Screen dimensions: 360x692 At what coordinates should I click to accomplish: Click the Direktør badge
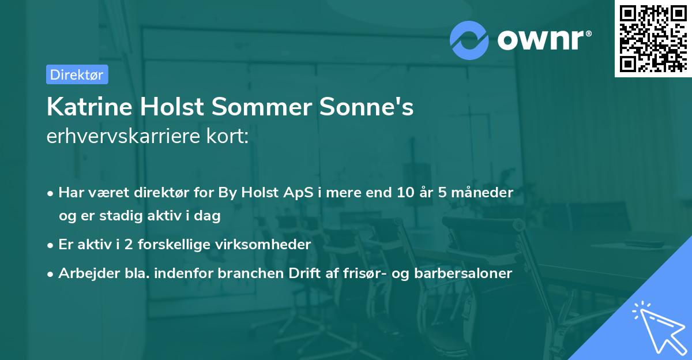pos(77,74)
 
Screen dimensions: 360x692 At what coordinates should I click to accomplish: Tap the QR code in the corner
pos(652,38)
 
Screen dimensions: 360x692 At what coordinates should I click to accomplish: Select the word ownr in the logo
pos(541,39)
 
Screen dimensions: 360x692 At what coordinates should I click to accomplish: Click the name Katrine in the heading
pos(81,107)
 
